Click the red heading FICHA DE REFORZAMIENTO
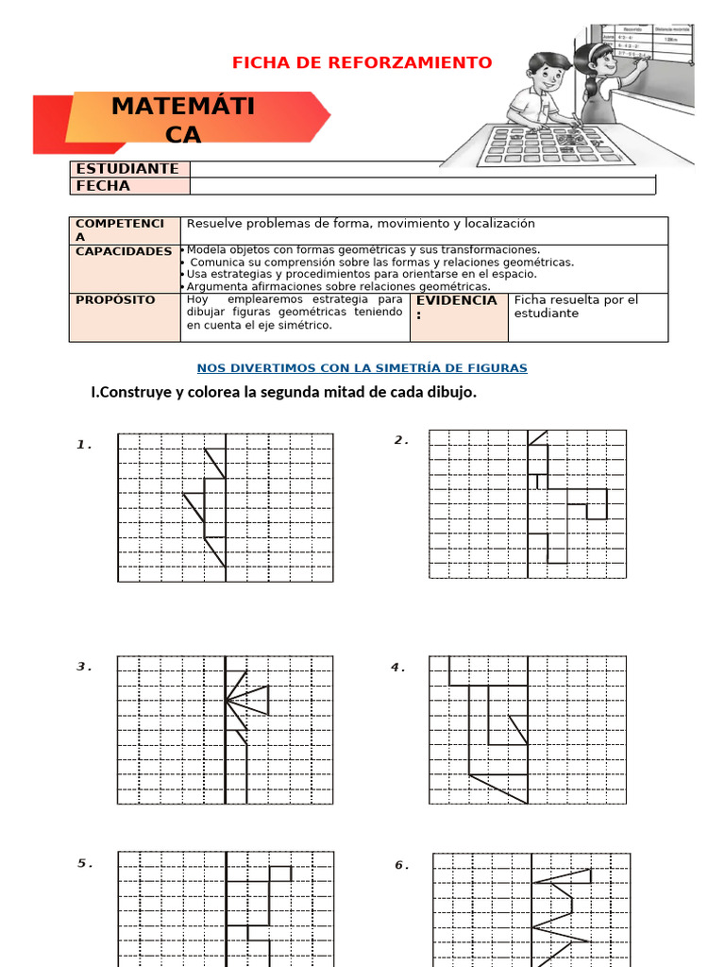[362, 63]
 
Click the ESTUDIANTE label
[127, 168]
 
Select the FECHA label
[103, 186]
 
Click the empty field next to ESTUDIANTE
[422, 168]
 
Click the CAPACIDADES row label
[124, 251]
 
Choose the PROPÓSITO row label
[115, 299]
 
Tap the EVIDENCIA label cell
[456, 306]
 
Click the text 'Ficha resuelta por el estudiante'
[576, 306]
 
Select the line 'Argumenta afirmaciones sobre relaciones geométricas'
[338, 286]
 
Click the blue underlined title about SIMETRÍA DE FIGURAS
[362, 368]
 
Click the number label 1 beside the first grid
[83, 444]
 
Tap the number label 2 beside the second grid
[399, 439]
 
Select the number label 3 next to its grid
[83, 667]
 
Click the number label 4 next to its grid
[396, 668]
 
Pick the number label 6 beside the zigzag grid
[400, 865]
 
